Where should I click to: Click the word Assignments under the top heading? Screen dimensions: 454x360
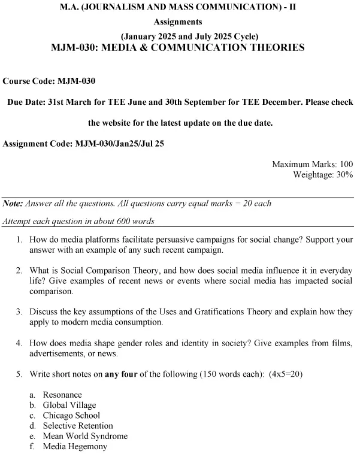(x=179, y=22)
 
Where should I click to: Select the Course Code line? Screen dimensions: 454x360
(x=50, y=80)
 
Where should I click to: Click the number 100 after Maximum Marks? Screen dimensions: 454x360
(x=346, y=164)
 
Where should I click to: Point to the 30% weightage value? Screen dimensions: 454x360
(x=344, y=174)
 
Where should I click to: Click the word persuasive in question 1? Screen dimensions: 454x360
(x=176, y=240)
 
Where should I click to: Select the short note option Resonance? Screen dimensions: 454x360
(x=62, y=395)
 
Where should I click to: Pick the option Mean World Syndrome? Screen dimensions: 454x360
(x=85, y=436)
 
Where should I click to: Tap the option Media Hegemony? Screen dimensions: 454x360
(x=75, y=446)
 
